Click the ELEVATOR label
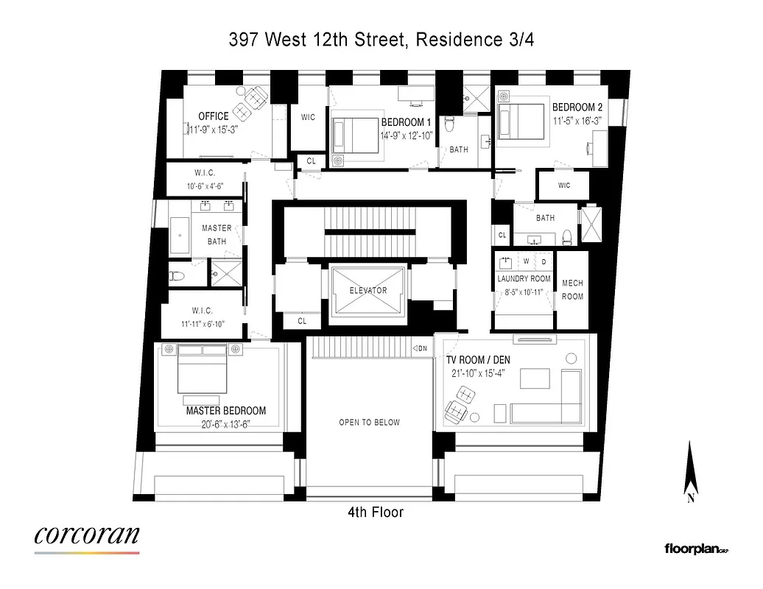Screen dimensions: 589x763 [x=368, y=290]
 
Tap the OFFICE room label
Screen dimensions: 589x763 [x=214, y=116]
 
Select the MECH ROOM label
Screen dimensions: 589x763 [x=572, y=289]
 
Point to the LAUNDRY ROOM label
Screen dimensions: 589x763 [x=524, y=279]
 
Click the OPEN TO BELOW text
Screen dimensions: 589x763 [x=369, y=423]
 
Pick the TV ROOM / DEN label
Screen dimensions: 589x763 [x=478, y=360]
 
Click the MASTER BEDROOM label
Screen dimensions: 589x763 [x=225, y=411]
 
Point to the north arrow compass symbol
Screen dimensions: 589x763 [x=691, y=471]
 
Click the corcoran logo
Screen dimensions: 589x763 [x=86, y=535]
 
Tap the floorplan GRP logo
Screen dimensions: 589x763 [x=696, y=549]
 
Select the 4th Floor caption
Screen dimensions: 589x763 [x=376, y=512]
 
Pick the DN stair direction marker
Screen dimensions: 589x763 [x=420, y=348]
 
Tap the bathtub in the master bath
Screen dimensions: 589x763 [x=180, y=235]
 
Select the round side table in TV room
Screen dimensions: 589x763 [x=571, y=358]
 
